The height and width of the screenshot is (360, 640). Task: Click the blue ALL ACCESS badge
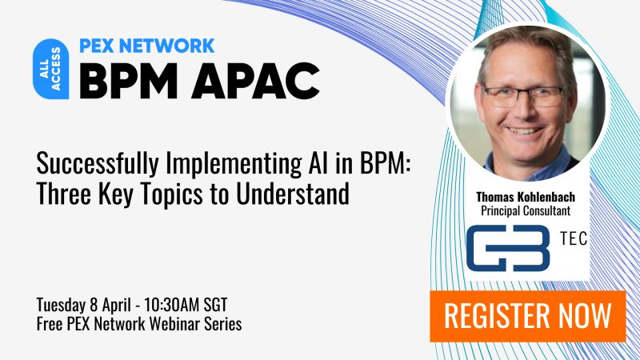tap(50, 69)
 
